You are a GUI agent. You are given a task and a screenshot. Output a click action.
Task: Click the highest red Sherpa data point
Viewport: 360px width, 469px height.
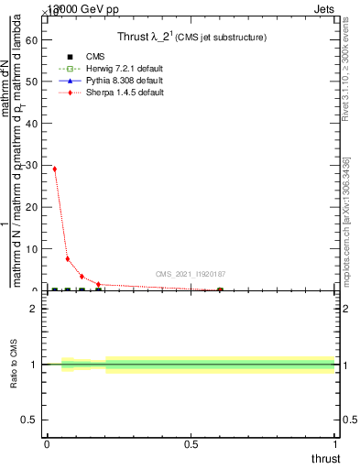(x=55, y=169)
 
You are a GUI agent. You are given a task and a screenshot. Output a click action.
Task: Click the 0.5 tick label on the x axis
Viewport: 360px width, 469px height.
(x=191, y=444)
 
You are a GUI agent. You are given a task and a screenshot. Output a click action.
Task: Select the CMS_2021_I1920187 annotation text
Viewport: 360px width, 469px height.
(x=191, y=274)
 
